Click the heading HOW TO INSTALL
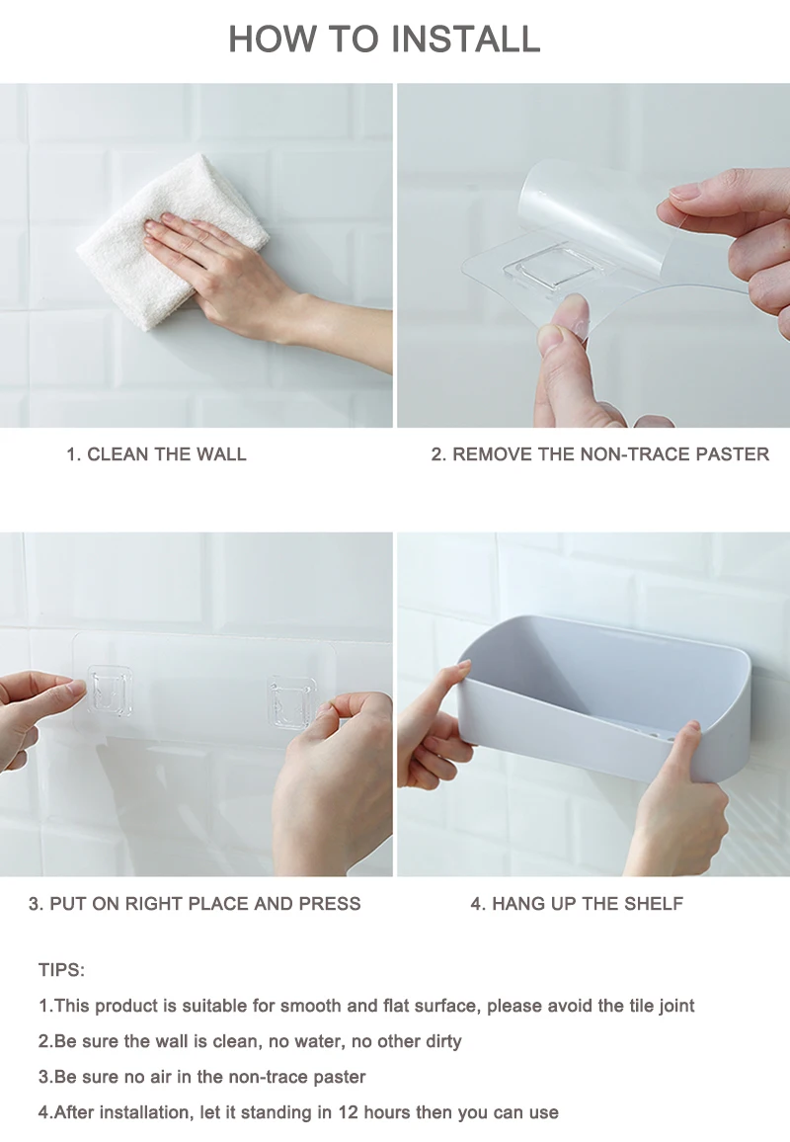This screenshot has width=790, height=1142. tap(384, 39)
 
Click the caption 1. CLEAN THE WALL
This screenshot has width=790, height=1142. tap(157, 454)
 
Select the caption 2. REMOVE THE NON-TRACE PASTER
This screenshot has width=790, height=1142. tap(600, 454)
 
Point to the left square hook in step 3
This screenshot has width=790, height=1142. tap(110, 690)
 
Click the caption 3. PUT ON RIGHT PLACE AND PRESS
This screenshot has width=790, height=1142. tap(195, 904)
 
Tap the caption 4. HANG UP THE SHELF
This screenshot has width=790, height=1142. tap(577, 904)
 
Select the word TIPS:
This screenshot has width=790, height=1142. tap(62, 970)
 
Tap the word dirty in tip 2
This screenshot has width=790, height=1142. tap(443, 1041)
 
